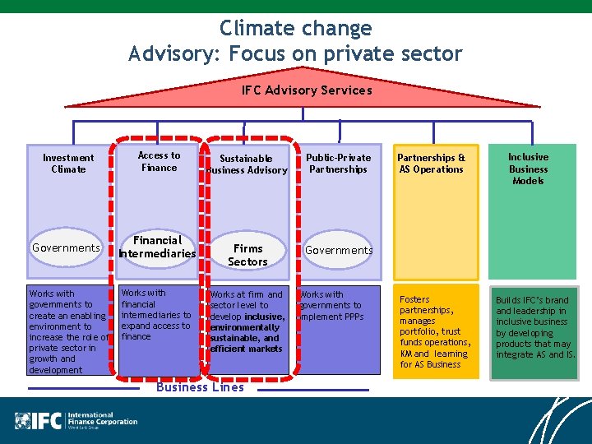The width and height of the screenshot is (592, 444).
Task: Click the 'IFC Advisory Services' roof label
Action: tap(306, 90)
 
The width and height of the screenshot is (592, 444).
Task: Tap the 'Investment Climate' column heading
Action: tap(68, 163)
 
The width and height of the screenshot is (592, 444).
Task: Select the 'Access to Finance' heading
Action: tap(159, 161)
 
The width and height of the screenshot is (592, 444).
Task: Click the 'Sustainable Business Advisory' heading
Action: tap(247, 164)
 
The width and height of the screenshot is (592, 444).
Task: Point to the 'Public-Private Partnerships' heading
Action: tap(338, 163)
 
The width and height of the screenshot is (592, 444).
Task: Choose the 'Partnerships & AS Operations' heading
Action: tap(431, 163)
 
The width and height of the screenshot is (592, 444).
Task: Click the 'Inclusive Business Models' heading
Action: tap(528, 169)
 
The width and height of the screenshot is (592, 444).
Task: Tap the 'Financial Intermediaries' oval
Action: tap(157, 247)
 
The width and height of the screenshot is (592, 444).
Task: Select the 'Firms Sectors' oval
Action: tap(247, 255)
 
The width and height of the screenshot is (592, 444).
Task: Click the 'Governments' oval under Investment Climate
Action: tap(66, 247)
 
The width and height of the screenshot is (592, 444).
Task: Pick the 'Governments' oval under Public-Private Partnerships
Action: tap(339, 250)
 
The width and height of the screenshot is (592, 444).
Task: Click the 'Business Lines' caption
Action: tap(200, 387)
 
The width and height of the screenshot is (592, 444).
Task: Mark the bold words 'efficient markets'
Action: tap(246, 349)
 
